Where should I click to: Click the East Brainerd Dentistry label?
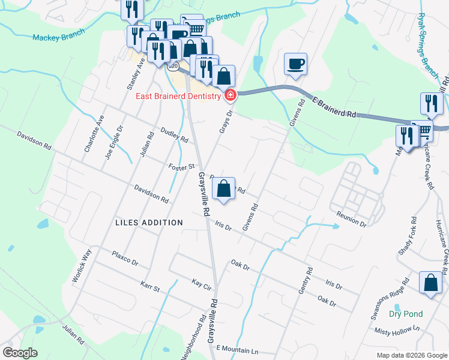coord(179,95)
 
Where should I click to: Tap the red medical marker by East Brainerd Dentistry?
coord(230,95)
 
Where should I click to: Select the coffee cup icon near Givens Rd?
coord(295,64)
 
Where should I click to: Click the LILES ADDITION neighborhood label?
coord(149,223)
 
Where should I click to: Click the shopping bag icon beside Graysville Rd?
coord(223,188)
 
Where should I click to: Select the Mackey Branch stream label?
coord(58,37)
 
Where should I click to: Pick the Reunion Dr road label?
coord(351,219)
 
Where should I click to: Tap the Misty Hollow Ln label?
coord(397,330)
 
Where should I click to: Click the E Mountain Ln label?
coord(237,349)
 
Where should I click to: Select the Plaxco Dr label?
coord(125,259)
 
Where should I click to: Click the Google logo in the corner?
coord(20,353)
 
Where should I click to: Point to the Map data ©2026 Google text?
coord(411,355)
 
